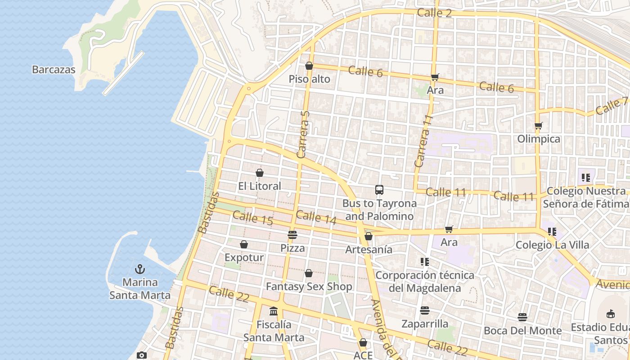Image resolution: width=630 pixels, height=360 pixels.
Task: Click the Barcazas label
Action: (54, 70)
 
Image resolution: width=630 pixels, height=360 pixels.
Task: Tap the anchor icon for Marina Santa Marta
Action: (140, 270)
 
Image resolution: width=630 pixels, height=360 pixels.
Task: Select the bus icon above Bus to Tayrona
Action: (379, 190)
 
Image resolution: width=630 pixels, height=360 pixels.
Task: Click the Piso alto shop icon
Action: (309, 66)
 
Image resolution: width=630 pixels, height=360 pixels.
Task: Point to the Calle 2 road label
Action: (434, 13)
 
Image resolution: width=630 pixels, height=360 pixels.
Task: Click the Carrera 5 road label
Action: (304, 134)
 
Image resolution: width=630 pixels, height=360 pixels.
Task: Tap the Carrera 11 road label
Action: (423, 141)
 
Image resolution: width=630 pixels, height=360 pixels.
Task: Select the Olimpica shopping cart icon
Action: (538, 126)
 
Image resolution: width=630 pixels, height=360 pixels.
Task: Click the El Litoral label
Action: (260, 186)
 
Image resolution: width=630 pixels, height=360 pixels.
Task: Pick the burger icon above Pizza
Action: (292, 235)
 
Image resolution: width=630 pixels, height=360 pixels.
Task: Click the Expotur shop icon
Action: (244, 245)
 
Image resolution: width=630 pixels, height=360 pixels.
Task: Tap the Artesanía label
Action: (369, 249)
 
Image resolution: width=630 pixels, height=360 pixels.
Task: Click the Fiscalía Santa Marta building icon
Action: (274, 311)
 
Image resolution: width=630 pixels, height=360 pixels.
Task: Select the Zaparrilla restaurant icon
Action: (424, 310)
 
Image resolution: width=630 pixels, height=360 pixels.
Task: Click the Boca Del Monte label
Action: (522, 331)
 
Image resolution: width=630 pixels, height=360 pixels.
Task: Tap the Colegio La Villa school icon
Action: (552, 232)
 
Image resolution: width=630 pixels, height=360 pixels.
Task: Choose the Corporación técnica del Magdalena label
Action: (425, 281)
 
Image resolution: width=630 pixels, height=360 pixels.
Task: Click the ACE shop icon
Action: (363, 343)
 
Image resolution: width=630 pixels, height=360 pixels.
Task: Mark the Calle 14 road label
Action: (316, 217)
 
